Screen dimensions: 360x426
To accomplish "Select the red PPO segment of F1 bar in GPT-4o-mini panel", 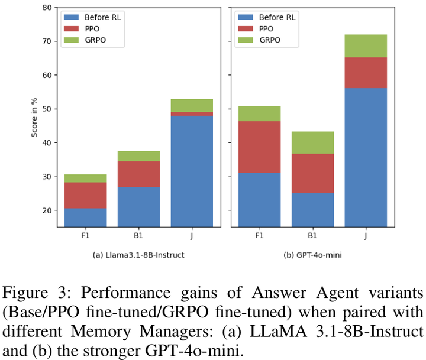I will tap(259, 147).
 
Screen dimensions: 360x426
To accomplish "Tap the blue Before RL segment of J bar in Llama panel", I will tap(192, 171).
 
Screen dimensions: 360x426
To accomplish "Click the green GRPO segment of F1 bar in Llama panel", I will tap(85, 178).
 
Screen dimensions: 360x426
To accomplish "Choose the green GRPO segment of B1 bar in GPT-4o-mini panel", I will tap(312, 142).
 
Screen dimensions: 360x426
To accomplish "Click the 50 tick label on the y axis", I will tap(47, 109).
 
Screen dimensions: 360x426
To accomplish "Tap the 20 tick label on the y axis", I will tap(47, 210).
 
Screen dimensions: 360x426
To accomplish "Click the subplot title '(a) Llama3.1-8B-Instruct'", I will tap(138, 255).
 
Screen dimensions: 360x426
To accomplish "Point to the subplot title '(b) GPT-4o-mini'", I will tap(312, 255).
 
